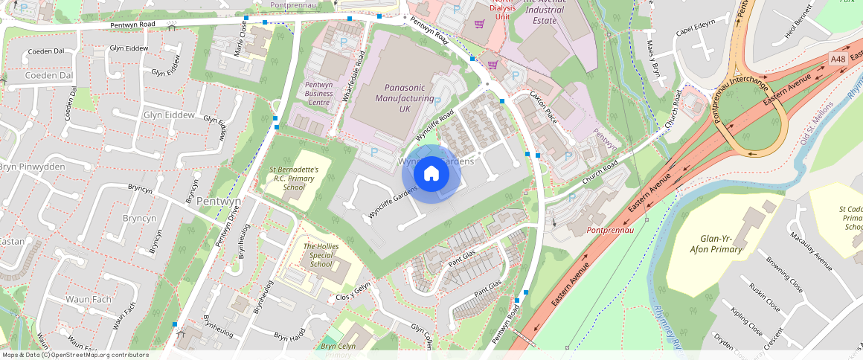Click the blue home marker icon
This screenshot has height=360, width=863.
point(431,174)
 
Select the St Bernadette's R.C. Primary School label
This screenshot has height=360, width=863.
point(294,178)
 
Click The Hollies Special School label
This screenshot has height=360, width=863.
point(321,255)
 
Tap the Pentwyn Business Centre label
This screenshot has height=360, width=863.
point(318,94)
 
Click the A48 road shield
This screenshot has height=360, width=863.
point(838,59)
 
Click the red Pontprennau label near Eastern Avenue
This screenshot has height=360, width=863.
point(609,231)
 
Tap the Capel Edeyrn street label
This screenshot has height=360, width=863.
point(695,34)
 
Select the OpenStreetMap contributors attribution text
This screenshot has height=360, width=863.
point(74,355)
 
